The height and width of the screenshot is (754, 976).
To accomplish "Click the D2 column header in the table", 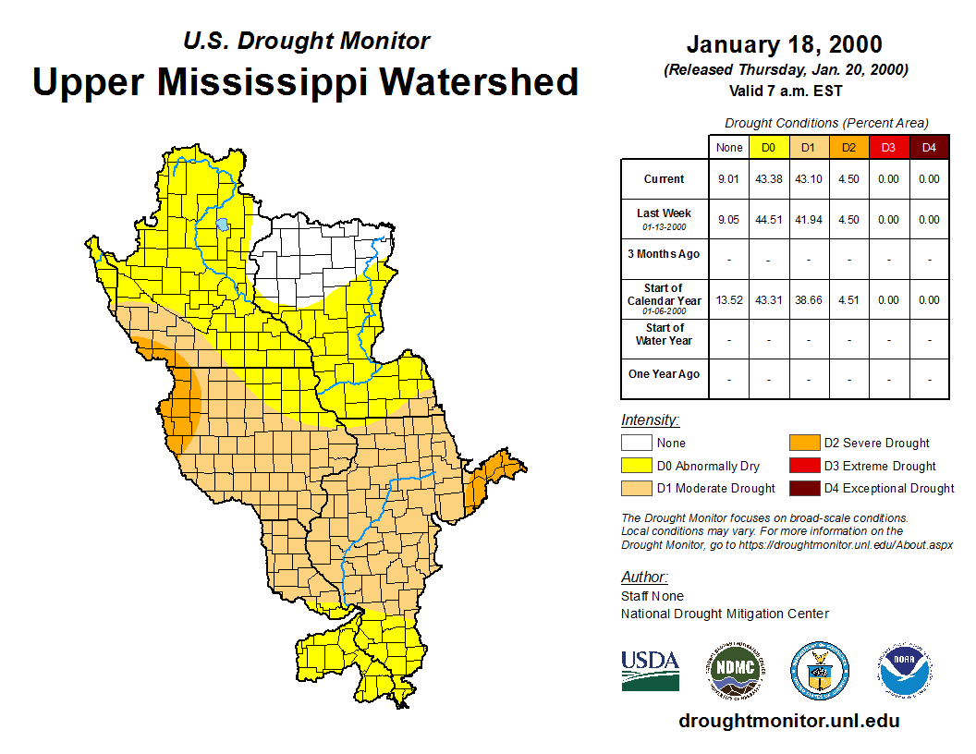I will point(848,148).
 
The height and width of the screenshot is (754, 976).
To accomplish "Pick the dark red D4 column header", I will point(929,148).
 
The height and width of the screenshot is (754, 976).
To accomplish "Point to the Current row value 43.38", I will point(769,179).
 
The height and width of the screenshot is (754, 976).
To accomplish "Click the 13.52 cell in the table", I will point(729,299).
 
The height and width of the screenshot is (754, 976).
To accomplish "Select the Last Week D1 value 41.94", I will point(809,220).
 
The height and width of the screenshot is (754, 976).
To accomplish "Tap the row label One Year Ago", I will point(665,374).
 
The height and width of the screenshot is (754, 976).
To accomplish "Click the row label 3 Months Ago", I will point(665,254).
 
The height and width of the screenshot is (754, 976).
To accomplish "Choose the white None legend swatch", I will point(636,444).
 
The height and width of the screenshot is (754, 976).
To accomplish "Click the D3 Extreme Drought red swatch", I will point(804,466).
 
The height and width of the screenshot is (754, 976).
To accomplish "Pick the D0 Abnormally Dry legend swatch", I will point(636,466).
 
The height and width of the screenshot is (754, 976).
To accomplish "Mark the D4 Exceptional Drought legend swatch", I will point(804,488).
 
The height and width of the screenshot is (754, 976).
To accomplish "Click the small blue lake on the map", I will point(222,225).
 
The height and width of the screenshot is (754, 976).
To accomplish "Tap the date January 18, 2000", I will point(784,44).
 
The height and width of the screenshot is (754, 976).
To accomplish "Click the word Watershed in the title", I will point(479,81).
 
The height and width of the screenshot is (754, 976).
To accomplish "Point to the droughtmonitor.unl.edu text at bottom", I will point(788,721).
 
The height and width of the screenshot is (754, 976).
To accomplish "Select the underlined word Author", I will point(642,578).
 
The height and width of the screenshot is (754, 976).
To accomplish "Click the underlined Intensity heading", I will point(650,420).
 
